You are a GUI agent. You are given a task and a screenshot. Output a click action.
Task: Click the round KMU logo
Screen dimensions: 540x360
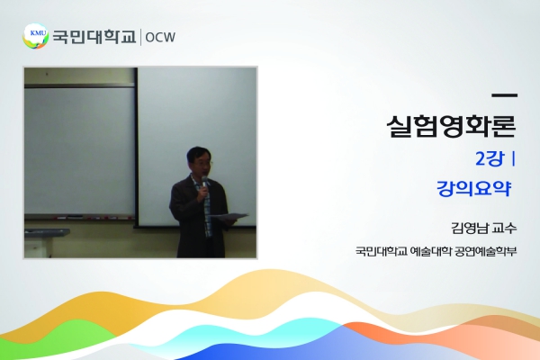(x=35, y=36)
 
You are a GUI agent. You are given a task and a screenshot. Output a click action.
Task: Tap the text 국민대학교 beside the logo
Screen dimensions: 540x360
(x=94, y=37)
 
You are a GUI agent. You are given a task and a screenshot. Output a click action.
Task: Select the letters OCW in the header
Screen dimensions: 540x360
(x=160, y=37)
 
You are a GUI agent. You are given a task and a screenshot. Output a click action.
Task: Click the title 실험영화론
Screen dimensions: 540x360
(x=451, y=126)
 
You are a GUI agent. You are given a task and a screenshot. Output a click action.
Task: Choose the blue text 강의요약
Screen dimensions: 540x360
(x=473, y=188)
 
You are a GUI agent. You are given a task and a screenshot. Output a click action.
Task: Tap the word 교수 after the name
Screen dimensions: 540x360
(x=505, y=228)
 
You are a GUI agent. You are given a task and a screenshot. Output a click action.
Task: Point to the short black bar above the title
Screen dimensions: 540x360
(x=505, y=95)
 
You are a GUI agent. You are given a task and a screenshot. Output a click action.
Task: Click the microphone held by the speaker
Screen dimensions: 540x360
(x=204, y=184)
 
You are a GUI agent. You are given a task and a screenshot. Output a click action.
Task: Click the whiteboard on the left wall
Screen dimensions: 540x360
(x=79, y=150)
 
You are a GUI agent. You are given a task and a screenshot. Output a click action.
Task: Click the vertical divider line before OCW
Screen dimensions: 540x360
(x=140, y=37)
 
